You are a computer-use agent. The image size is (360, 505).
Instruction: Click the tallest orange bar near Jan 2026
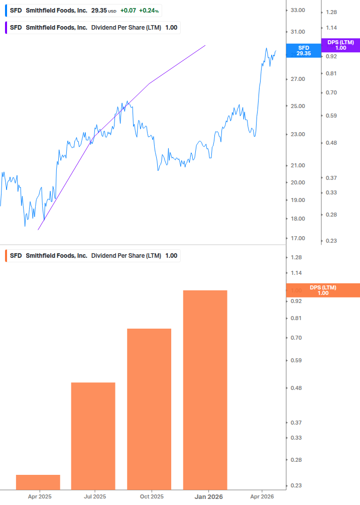click(205, 389)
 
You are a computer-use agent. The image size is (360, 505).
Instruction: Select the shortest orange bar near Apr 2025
click(38, 482)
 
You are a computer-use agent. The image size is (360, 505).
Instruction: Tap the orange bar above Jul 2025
click(93, 436)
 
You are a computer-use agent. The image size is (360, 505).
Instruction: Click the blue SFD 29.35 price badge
click(304, 50)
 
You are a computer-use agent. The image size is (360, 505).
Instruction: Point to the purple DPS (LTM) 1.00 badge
click(340, 45)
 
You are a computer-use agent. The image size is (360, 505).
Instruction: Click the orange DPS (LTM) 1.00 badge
click(323, 290)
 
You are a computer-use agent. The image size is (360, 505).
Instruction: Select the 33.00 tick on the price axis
click(298, 10)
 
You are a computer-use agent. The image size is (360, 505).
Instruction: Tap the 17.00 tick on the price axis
click(298, 239)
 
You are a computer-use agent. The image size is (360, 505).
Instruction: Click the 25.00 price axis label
click(298, 107)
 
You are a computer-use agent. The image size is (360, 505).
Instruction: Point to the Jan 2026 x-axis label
click(208, 496)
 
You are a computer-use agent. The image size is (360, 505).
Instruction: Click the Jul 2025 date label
click(95, 496)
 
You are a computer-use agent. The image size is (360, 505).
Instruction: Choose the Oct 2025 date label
click(152, 496)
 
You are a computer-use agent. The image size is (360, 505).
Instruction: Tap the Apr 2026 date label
click(263, 496)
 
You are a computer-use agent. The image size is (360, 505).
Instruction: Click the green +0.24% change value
click(149, 10)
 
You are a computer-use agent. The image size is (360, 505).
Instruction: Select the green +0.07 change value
click(129, 10)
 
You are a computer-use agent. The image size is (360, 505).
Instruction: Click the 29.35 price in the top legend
click(99, 10)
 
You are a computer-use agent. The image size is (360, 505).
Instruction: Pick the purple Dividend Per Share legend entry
click(93, 28)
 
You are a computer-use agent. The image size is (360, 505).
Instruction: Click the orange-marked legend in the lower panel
click(93, 256)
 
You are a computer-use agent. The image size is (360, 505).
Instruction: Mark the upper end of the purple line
click(205, 45)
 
